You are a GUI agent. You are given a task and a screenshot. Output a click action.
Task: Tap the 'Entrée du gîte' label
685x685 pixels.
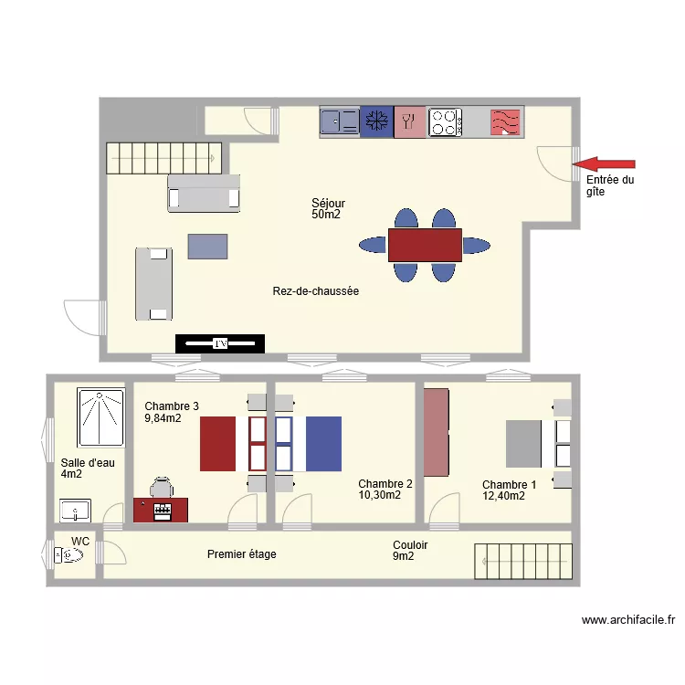[609, 186]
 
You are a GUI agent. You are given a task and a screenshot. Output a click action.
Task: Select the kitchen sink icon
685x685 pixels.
[339, 121]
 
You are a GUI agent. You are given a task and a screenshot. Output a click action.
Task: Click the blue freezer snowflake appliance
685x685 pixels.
[374, 121]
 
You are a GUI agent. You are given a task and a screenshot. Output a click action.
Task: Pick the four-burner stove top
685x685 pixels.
[445, 122]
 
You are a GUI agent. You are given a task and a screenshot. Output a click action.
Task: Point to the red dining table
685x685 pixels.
[425, 245]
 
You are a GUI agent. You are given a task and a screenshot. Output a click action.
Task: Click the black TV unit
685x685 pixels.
[219, 343]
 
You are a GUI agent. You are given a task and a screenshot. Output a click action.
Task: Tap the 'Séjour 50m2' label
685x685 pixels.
[328, 209]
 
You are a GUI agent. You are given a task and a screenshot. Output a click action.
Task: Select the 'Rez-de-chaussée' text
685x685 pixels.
[315, 291]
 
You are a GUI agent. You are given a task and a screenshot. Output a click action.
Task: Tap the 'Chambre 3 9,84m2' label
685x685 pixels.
[171, 412]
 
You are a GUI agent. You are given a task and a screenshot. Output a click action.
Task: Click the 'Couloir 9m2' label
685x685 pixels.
[409, 551]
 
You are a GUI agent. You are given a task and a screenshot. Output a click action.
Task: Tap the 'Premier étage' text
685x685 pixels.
[241, 554]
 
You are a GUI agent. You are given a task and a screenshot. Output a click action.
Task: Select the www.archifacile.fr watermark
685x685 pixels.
[628, 620]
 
